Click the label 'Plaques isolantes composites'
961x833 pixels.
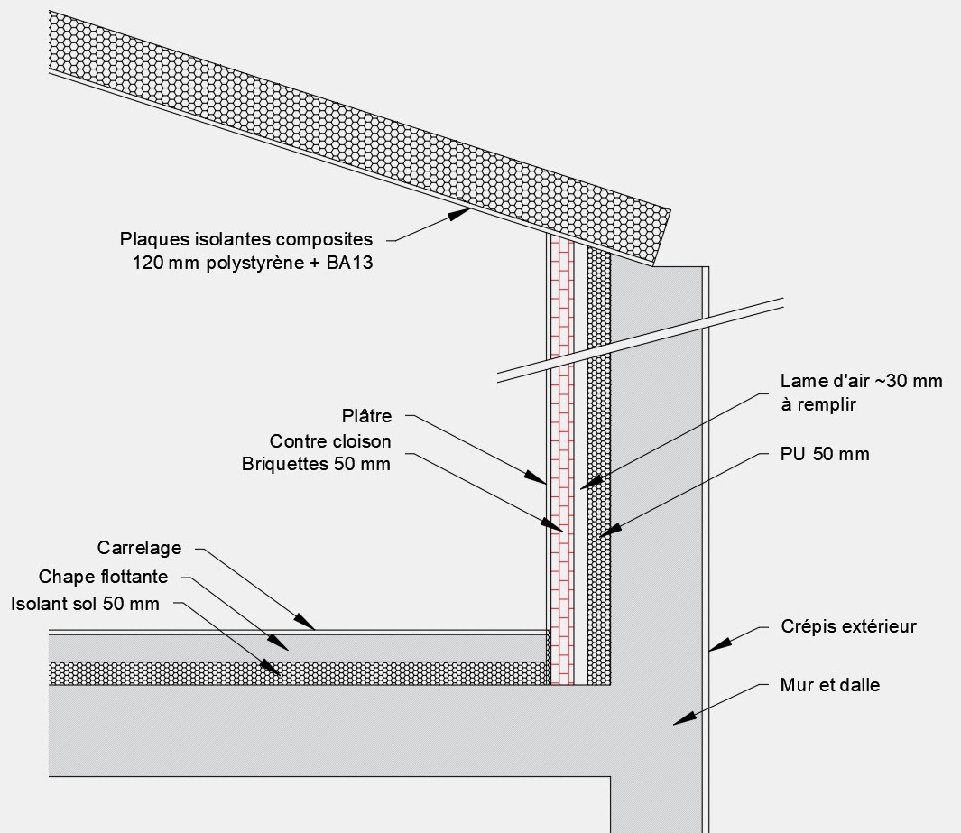(245, 240)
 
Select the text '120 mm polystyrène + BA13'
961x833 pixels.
(252, 264)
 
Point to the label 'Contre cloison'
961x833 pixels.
(330, 441)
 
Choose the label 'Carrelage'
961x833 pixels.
(139, 548)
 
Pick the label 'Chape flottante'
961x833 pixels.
(104, 577)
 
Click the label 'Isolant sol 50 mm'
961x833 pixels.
(85, 603)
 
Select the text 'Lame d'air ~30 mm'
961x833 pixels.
(862, 381)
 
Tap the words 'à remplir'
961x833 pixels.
(818, 405)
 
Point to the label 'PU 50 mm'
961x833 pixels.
(826, 454)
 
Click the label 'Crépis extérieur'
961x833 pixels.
(847, 626)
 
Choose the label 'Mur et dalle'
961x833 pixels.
(829, 685)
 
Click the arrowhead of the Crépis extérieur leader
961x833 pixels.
(714, 647)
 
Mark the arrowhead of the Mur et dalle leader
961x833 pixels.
(679, 719)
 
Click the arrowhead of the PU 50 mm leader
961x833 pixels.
(603, 534)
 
